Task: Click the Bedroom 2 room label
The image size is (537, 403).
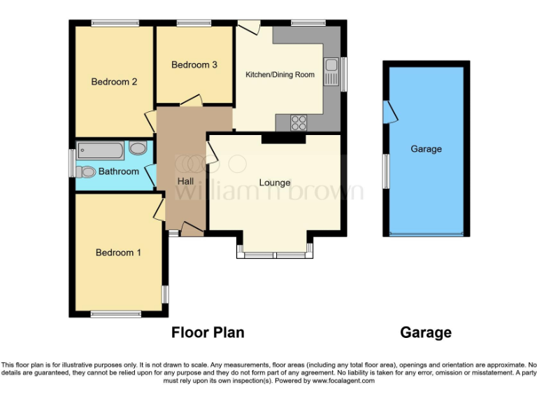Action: coord(114,81)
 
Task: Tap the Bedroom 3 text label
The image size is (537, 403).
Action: coord(194,64)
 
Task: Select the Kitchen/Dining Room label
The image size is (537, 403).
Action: coord(280,74)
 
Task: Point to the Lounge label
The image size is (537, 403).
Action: coord(275,183)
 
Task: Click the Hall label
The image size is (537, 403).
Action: coord(185,181)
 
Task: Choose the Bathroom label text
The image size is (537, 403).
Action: coord(118,171)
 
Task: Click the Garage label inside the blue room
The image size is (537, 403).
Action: coord(426,149)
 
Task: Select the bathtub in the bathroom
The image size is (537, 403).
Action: coord(102,149)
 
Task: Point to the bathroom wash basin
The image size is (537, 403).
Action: coord(138,148)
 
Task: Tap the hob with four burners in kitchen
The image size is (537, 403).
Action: coord(299,122)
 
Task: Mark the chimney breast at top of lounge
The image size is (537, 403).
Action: coord(283,139)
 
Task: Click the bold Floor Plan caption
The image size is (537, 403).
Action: coord(208,332)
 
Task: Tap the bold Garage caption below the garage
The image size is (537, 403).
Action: coord(426,332)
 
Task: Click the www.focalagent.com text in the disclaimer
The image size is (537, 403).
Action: coord(343,381)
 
